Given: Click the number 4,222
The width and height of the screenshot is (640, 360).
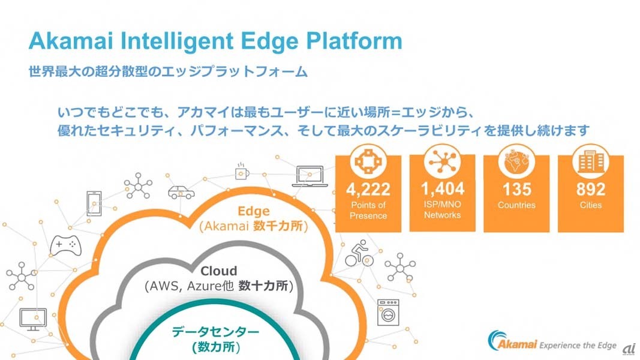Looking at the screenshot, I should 368,190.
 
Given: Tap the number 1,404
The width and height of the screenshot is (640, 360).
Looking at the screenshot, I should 443,189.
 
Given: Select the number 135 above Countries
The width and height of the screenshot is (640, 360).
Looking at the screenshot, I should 517,190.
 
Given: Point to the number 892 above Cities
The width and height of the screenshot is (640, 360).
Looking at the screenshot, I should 591,190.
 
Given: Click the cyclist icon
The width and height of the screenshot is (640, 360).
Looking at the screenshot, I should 359,254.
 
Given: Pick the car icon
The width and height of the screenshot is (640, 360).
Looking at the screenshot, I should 181,192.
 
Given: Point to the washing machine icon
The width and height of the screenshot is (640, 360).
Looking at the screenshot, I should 387,313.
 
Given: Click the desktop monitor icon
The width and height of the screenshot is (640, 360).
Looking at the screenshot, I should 33,319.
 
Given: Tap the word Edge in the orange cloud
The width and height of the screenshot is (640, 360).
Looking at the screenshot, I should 254,211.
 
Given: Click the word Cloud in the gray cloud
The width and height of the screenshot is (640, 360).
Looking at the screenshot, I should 218,271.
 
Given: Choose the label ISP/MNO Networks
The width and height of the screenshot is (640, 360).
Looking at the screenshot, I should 443,209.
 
